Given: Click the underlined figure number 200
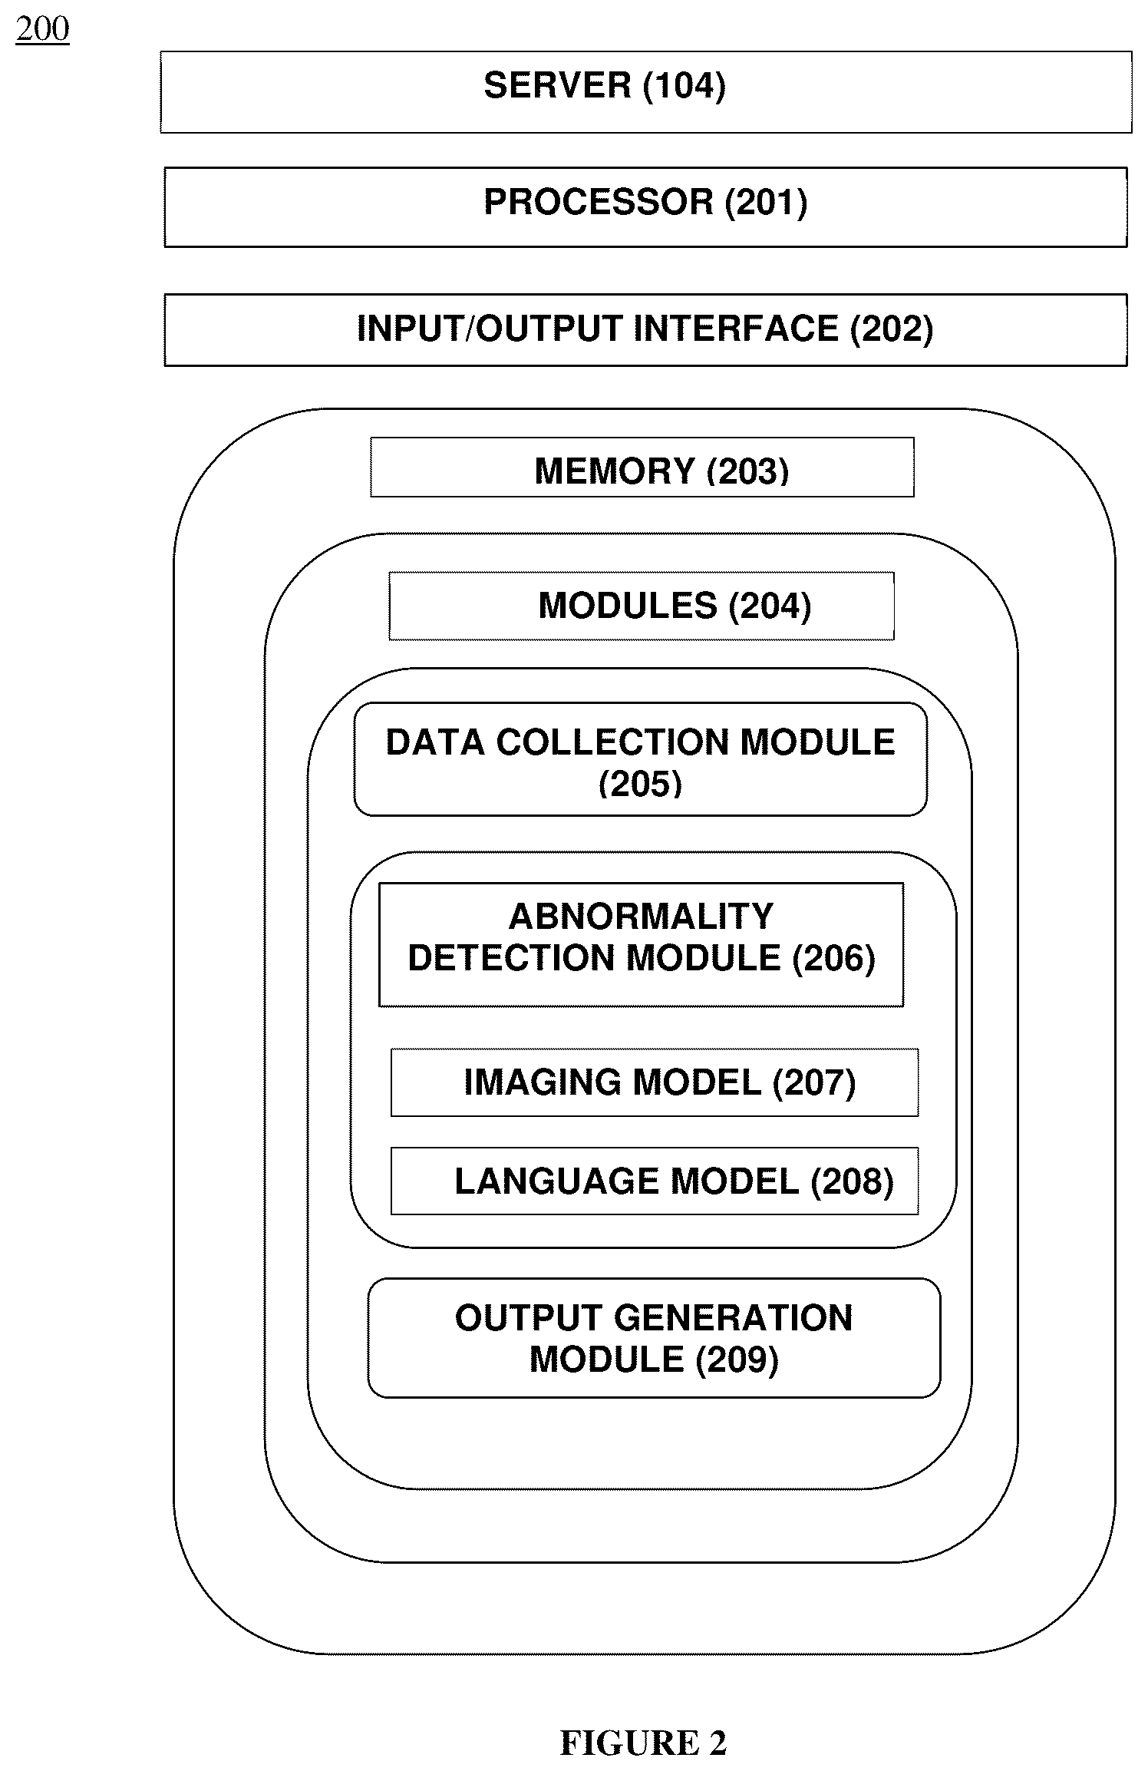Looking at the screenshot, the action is [42, 30].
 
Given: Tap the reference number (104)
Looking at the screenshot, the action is [685, 85].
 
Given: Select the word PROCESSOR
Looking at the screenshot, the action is [599, 202].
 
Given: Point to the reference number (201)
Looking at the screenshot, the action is [767, 203].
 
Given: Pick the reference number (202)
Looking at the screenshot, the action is [892, 329].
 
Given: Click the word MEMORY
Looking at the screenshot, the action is [615, 471].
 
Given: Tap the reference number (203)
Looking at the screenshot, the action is [748, 471].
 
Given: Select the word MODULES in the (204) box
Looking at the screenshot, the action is [628, 606].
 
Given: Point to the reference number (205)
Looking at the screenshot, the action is [640, 785].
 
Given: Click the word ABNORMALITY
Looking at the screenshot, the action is [642, 916].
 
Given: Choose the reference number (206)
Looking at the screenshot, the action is [834, 959].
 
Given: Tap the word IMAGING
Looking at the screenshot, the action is [536, 1082].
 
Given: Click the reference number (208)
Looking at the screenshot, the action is [853, 1182].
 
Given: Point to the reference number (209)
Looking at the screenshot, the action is [737, 1360].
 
